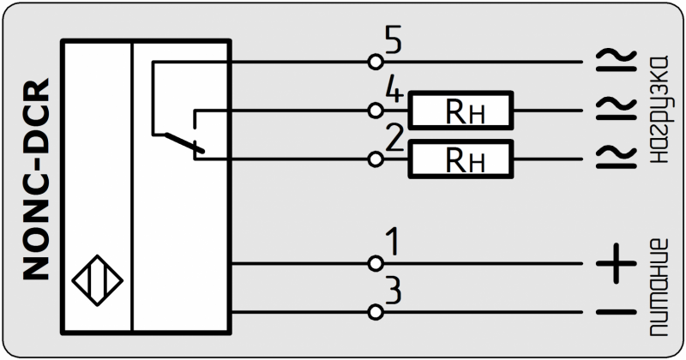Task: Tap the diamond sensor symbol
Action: click(98, 280)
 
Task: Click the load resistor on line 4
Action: click(460, 111)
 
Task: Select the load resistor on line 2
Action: click(460, 159)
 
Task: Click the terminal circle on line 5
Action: click(375, 62)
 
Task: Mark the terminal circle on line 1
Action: click(375, 263)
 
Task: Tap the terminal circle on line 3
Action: click(375, 312)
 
